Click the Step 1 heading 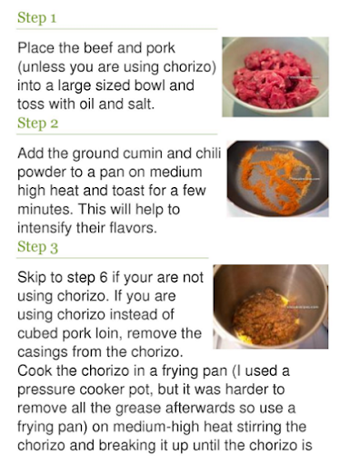tap(36, 17)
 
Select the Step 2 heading tap(37, 123)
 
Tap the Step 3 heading tap(37, 247)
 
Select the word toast tap(129, 191)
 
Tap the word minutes tap(45, 210)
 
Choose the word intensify tap(44, 228)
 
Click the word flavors tap(133, 228)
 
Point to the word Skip tap(32, 278)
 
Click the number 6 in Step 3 tap(104, 278)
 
